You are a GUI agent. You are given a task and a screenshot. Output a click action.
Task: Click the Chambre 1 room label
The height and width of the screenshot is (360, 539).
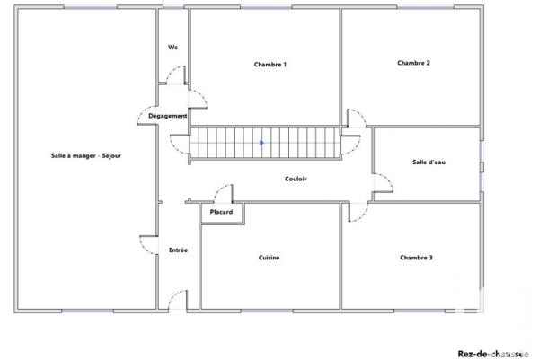click(x=270, y=65)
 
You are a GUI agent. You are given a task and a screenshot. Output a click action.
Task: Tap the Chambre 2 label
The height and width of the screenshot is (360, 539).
click(x=413, y=63)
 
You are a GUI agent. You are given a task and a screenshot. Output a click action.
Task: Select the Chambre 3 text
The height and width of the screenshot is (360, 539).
click(x=416, y=258)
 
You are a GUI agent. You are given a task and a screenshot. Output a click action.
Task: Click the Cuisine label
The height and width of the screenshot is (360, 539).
click(x=269, y=258)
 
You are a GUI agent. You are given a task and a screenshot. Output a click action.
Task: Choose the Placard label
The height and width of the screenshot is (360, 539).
click(x=221, y=212)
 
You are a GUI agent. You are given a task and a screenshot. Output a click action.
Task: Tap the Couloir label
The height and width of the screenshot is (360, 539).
click(x=296, y=179)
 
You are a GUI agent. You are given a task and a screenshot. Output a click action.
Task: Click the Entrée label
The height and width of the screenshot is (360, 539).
click(x=178, y=250)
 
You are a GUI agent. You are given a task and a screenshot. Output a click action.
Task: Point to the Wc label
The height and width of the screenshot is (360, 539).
click(x=172, y=48)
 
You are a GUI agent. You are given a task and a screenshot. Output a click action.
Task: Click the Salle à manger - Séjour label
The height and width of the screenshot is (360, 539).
click(x=86, y=155)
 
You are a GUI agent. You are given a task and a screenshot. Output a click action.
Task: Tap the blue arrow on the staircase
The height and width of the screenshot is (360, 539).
click(x=261, y=142)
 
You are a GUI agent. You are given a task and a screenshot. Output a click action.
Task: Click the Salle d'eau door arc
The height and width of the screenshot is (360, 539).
click(x=384, y=184)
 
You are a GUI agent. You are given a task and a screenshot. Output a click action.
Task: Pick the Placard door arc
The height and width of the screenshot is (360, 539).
click(x=222, y=193)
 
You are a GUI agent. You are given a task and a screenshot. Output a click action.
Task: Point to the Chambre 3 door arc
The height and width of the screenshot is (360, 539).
click(x=358, y=212)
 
